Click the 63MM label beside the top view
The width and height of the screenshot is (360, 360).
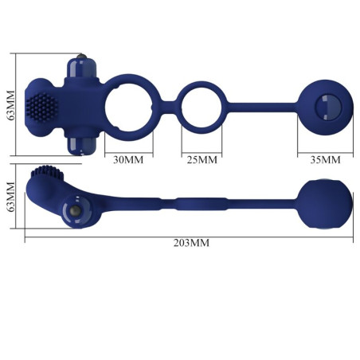(x=10, y=104)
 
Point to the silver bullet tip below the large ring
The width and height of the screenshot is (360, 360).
(x=82, y=143)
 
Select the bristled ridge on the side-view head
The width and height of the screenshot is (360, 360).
(x=46, y=174)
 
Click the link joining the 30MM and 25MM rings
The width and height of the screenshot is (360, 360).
(x=166, y=104)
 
